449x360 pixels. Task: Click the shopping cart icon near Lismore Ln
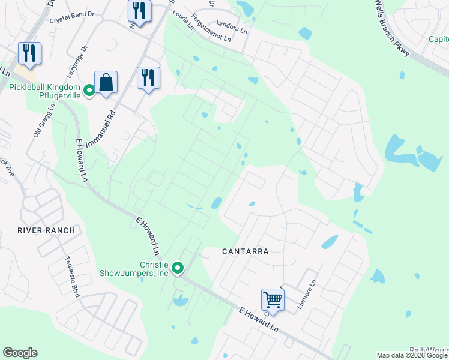click(x=272, y=299)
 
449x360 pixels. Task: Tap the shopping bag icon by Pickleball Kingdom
click(x=106, y=83)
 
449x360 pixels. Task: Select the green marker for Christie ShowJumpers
click(x=178, y=268)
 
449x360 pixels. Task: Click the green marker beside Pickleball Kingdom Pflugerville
click(x=89, y=91)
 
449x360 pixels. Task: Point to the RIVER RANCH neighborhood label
click(x=46, y=230)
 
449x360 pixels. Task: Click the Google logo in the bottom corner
click(x=20, y=353)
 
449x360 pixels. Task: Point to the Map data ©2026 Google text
click(x=411, y=355)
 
